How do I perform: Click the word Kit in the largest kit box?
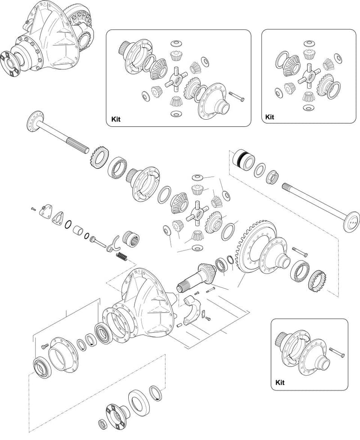(x=116, y=119)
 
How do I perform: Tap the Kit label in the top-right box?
(x=270, y=117)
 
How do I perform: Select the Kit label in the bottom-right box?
(x=280, y=382)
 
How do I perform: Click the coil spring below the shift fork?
(x=122, y=256)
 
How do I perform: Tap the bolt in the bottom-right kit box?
(x=337, y=352)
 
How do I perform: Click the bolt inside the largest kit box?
(x=237, y=96)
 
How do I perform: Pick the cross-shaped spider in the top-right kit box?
(x=308, y=74)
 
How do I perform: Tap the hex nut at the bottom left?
(x=103, y=424)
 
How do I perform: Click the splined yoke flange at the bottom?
(x=117, y=415)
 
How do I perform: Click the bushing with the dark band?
(x=244, y=160)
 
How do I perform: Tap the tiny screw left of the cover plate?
(x=34, y=208)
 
